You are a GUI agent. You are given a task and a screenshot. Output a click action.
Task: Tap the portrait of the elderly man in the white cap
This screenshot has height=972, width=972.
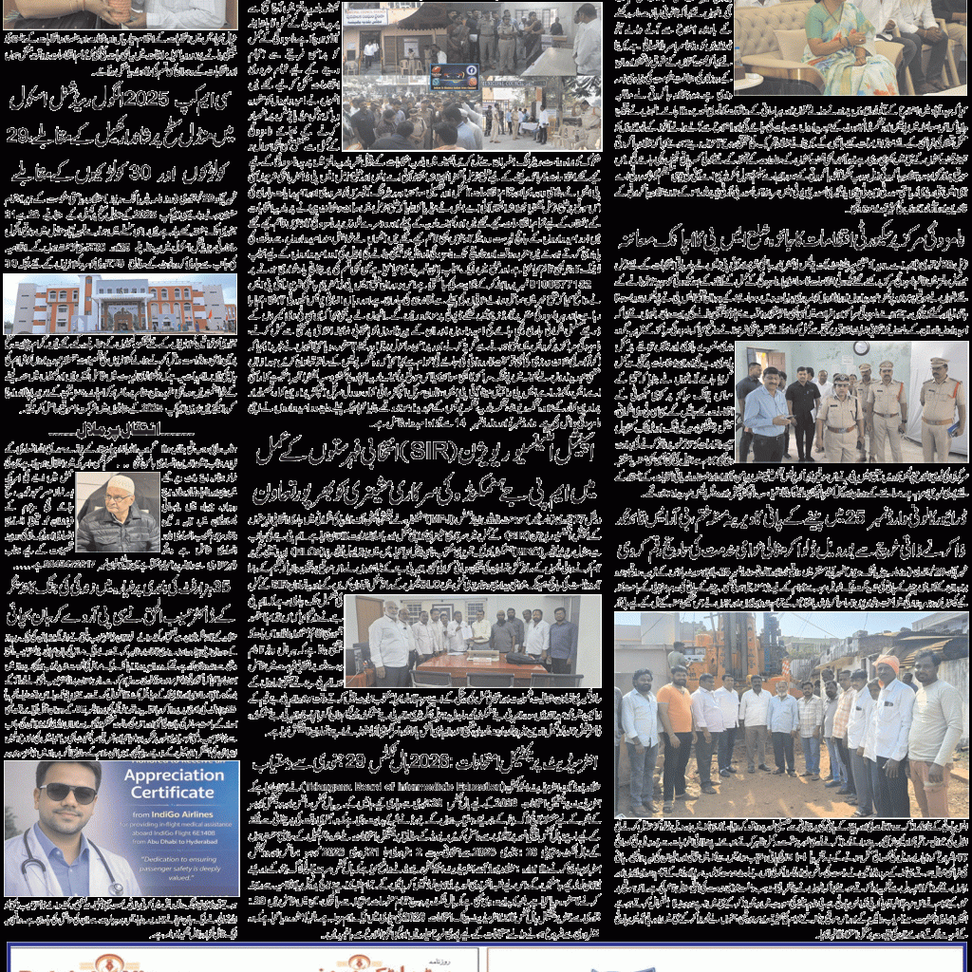(117, 513)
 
